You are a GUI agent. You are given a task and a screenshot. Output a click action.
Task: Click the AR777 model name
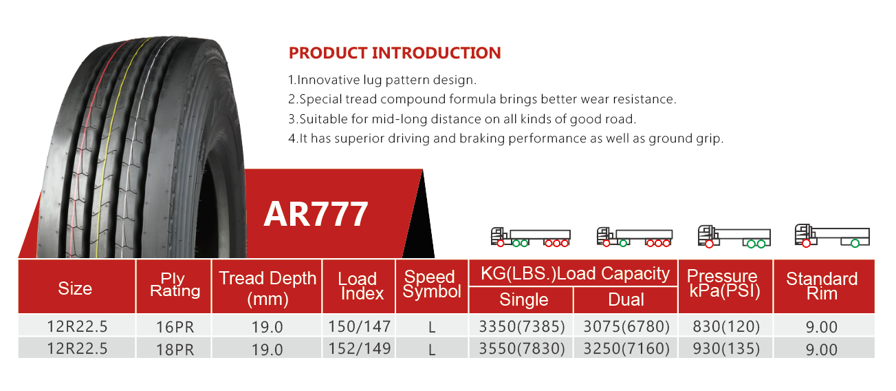(x=316, y=214)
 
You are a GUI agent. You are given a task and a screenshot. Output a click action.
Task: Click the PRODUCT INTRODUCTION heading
(x=395, y=53)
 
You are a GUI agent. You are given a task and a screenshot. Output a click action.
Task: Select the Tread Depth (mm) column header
(x=267, y=288)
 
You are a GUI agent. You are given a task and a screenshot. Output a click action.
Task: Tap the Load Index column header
(x=359, y=286)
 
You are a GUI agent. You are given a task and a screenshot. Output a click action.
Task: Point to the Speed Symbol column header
(x=432, y=284)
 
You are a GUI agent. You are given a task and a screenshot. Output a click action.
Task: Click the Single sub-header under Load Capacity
(x=523, y=299)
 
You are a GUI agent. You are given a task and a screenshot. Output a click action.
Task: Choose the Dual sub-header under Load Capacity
(x=626, y=299)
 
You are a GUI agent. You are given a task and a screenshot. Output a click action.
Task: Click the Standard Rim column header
(x=822, y=286)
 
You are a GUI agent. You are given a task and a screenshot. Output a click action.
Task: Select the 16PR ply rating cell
(x=175, y=327)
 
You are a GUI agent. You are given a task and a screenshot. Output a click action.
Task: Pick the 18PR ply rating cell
(x=175, y=350)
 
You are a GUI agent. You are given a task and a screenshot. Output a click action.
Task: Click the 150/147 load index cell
(x=359, y=326)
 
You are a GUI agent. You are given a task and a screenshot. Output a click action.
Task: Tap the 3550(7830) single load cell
(x=522, y=348)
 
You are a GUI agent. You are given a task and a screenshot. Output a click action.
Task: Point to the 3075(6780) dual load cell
(x=626, y=326)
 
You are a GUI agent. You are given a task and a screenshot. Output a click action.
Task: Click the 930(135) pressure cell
(x=726, y=348)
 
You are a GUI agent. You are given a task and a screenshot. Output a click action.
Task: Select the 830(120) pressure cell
(x=726, y=326)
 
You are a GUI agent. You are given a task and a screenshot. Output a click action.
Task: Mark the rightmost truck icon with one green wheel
(x=832, y=236)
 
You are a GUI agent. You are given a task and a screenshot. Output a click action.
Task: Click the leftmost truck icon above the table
(x=530, y=237)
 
